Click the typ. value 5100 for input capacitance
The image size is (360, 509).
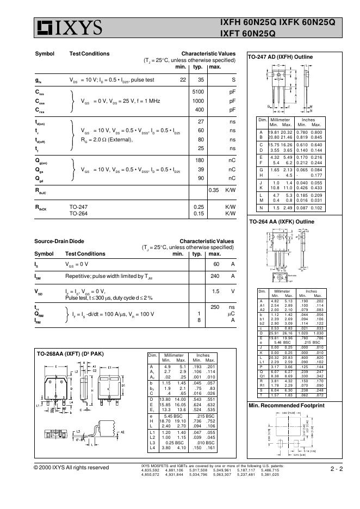pos(198,92)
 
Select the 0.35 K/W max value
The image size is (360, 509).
pos(213,190)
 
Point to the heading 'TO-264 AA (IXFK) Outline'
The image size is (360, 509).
pos(282,222)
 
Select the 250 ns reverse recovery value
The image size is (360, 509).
pos(215,307)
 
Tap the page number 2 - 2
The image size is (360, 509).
pos(336,468)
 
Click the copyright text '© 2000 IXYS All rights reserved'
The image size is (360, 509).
pos(71,468)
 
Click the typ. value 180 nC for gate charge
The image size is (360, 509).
pos(200,160)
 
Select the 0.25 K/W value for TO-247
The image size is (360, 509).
pos(198,207)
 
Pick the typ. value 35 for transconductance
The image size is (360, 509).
pos(200,80)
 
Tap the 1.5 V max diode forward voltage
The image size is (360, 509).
pos(215,291)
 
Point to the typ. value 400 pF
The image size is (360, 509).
pos(199,110)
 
